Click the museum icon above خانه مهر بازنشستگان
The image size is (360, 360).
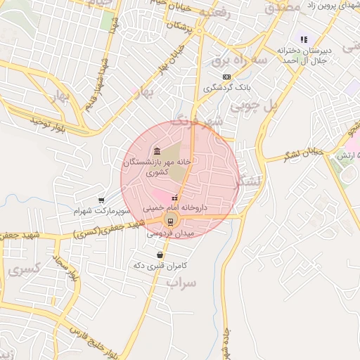156,152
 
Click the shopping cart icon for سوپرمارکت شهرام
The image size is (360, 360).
102,200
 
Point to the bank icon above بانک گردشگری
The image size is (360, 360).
226,77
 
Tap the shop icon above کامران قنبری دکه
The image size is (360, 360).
161,255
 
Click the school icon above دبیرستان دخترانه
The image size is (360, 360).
303,40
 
